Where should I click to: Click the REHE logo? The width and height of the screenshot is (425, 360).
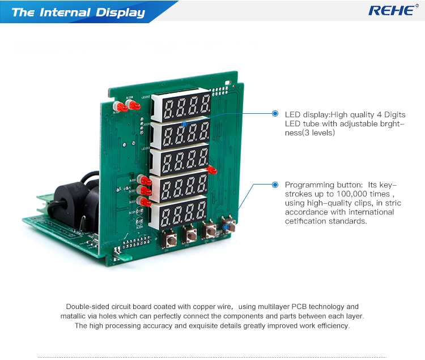tap(390, 10)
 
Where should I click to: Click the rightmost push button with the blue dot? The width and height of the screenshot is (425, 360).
tap(231, 226)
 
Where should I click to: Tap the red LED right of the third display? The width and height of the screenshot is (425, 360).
tap(212, 169)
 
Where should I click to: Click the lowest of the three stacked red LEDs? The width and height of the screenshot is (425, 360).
tap(146, 201)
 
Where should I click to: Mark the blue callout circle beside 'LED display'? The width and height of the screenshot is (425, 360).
tap(275, 114)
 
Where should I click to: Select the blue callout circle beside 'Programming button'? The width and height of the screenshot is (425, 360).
tap(275, 185)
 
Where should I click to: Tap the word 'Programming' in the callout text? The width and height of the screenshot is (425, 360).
tap(309, 185)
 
